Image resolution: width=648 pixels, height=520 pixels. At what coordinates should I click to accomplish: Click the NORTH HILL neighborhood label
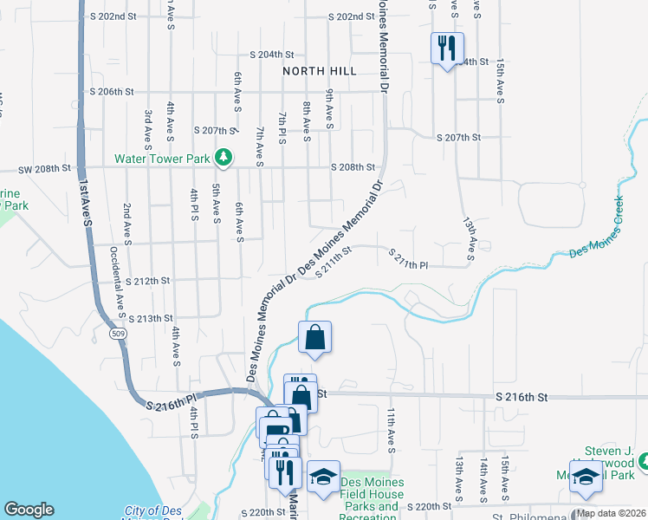(x=319, y=71)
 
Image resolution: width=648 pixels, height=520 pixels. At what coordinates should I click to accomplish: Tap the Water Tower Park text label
(x=162, y=159)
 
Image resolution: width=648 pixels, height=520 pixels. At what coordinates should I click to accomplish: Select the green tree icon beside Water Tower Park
(x=224, y=157)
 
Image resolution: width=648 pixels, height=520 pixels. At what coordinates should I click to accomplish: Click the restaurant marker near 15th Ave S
(x=448, y=49)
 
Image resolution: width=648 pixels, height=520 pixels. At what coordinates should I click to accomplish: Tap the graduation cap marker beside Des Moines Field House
(x=323, y=478)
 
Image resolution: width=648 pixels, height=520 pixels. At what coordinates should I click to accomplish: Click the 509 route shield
(x=116, y=334)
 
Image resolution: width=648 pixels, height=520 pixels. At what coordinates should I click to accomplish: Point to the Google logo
(x=29, y=510)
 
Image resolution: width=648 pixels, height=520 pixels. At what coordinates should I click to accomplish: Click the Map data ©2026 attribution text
(x=610, y=513)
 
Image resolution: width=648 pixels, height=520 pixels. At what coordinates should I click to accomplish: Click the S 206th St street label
(x=112, y=91)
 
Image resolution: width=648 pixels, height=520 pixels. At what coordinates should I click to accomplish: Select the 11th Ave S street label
(x=391, y=431)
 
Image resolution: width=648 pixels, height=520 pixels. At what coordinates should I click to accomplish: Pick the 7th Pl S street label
(x=282, y=127)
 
